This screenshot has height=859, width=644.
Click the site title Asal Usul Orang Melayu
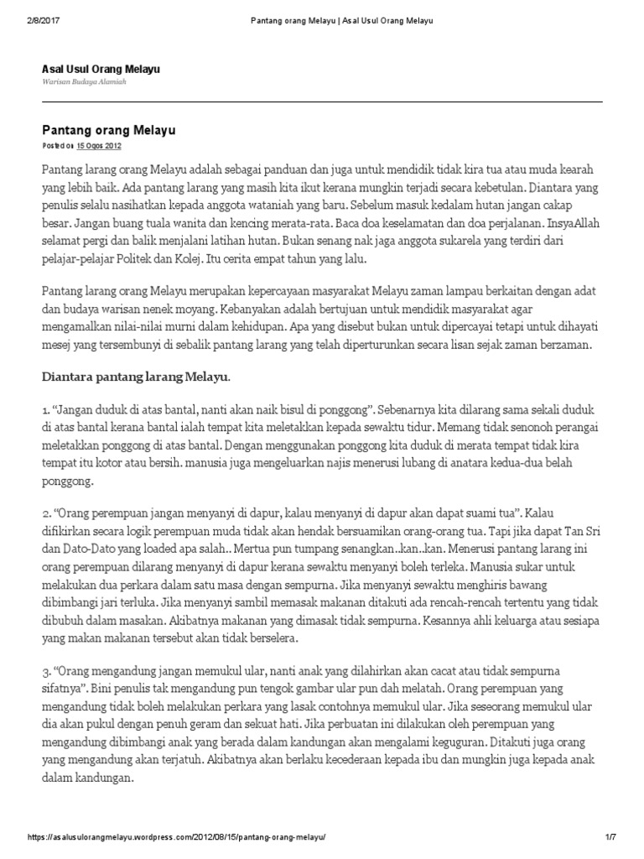pos(101,68)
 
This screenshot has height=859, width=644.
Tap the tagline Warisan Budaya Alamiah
pos(80,83)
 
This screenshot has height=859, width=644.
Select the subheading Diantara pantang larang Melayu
pos(135,377)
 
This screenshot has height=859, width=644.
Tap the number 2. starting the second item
pos(47,512)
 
